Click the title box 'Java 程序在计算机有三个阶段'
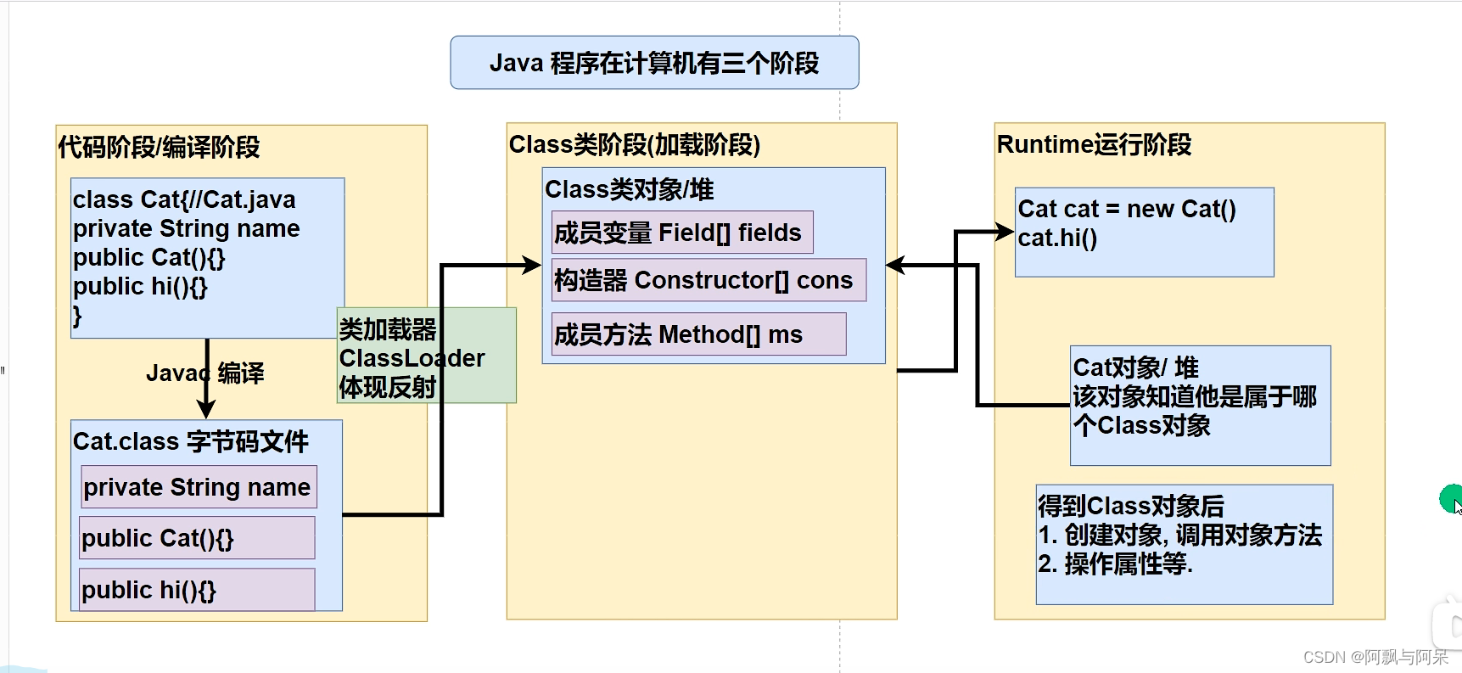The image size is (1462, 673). pos(654,63)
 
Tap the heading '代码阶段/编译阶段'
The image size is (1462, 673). pos(159,147)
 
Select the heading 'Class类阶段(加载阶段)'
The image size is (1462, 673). pos(634,144)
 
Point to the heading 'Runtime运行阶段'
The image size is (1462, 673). pos(1094,144)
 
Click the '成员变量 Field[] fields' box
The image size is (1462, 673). pos(681,233)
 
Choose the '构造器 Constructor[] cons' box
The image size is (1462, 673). pos(708,280)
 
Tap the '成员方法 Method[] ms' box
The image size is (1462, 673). pos(697,334)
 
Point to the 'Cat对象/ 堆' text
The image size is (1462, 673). pos(1135,367)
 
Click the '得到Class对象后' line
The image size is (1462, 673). pos(1131,506)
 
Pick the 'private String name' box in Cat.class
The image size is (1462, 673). pos(198,487)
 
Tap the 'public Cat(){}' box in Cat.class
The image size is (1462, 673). pos(196,538)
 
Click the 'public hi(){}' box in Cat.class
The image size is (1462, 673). pos(196,590)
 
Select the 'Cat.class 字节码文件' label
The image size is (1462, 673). pos(191,441)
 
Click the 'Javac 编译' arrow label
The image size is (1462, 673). pos(204,373)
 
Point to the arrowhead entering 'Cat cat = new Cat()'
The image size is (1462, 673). pos(1005,231)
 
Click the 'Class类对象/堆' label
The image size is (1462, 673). pos(629,189)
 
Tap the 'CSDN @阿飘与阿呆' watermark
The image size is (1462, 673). pos(1375,657)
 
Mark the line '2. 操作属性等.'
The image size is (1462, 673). pos(1115,564)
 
